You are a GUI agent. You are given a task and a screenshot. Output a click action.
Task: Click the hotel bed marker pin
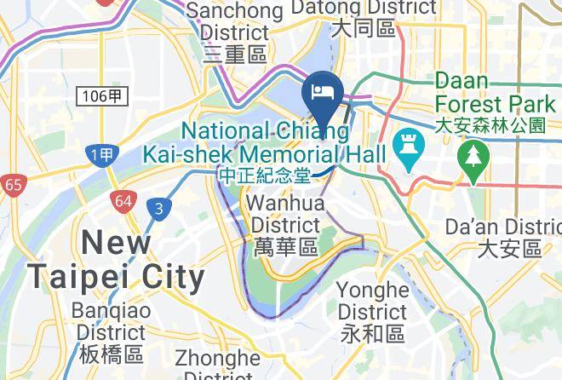coord(323,93)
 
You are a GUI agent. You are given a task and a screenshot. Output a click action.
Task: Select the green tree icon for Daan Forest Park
coord(471,155)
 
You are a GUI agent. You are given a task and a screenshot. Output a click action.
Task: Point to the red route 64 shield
coord(123,201)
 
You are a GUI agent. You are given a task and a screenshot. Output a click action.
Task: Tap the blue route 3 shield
coord(157,207)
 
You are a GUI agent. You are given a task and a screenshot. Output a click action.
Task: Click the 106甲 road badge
coord(103,95)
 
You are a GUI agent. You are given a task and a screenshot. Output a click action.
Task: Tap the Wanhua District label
coord(285,215)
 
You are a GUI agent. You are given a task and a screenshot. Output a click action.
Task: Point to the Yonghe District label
coord(372,300)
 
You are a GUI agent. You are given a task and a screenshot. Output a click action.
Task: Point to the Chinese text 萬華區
coord(285,247)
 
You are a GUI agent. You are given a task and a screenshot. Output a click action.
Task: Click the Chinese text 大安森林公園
coord(490,125)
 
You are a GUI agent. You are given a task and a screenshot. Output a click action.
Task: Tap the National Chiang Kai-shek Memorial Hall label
coord(266,143)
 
